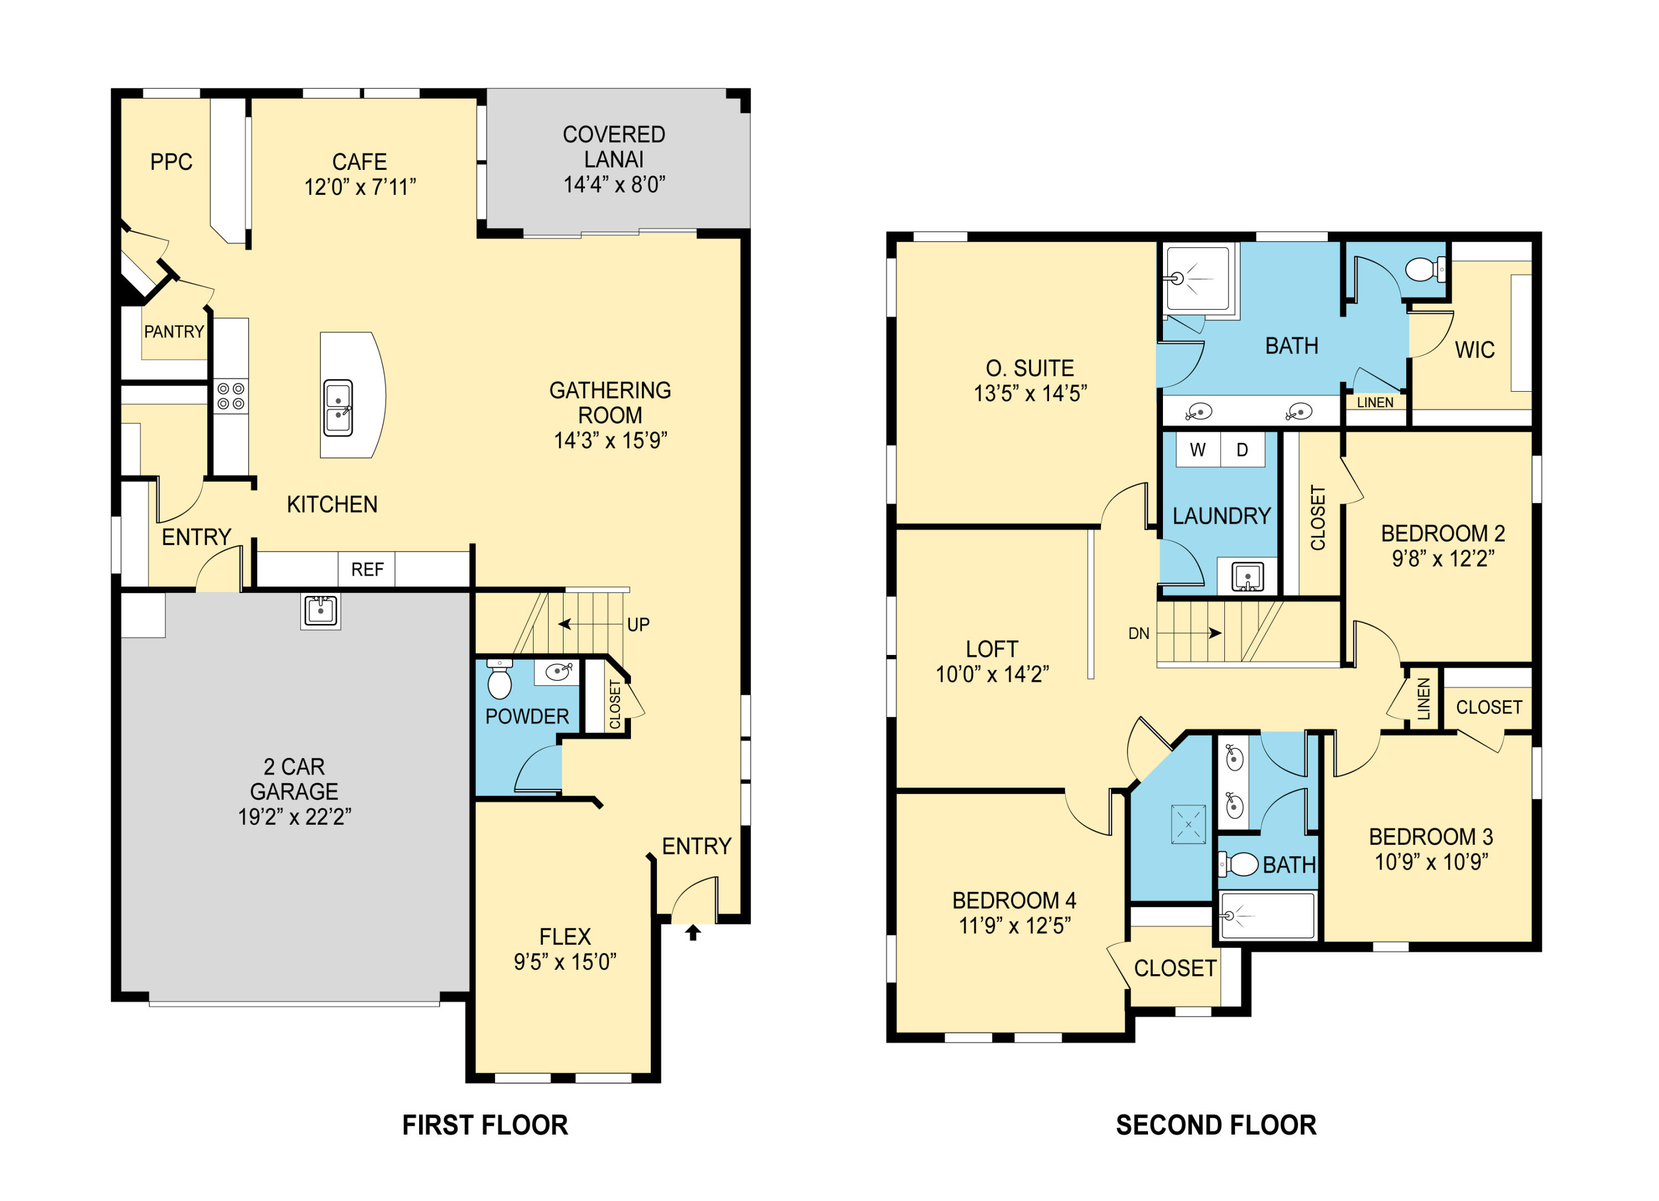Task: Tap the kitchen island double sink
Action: point(338,408)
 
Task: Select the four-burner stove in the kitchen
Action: point(231,397)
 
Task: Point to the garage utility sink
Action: point(320,610)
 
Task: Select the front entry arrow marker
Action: point(693,932)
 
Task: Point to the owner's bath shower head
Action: point(1177,279)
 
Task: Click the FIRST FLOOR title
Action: point(485,1125)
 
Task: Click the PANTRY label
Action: point(174,332)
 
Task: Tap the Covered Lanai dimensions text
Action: point(614,184)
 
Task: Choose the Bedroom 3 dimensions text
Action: point(1432,862)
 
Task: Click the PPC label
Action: point(171,162)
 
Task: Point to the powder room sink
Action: point(558,672)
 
